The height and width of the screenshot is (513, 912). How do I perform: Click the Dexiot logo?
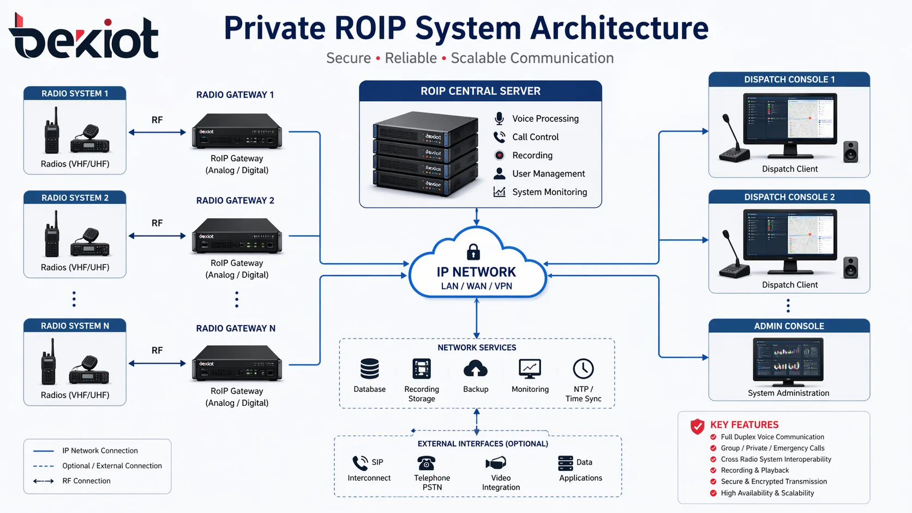pos(83,37)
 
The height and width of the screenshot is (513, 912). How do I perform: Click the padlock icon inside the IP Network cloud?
pos(473,252)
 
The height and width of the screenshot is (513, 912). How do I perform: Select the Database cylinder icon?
pos(369,369)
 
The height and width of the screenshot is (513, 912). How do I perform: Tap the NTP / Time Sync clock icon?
pos(583,369)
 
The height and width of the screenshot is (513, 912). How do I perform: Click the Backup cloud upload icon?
pos(475,370)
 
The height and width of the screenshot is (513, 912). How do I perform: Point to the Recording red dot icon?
pos(499,155)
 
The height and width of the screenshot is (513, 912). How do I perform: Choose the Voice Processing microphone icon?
pos(499,118)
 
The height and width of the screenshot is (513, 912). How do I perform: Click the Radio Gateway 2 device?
pos(237,236)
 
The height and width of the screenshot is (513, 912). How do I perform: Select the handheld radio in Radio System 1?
pos(52,131)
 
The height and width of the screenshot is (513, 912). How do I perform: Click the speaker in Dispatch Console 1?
pos(850,152)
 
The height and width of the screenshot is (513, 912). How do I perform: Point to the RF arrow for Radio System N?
pos(157,363)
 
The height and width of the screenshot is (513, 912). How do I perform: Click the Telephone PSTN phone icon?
pos(426,463)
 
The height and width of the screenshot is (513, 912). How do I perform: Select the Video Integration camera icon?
pos(496,463)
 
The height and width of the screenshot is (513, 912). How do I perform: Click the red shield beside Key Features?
pos(697,426)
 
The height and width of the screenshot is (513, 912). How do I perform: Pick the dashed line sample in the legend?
pos(43,466)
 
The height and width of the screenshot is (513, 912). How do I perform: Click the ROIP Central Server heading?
pos(480,91)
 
